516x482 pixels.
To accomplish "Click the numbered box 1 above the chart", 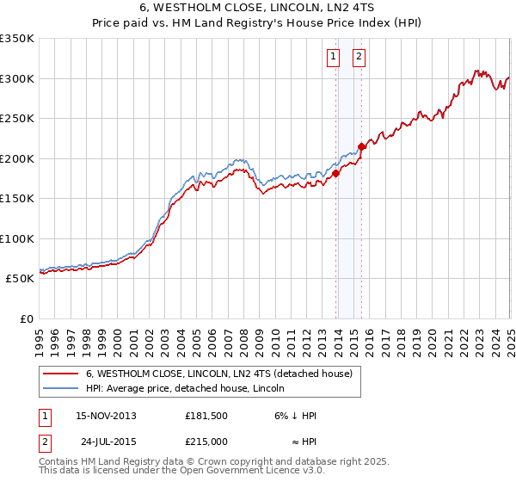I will click(333, 58).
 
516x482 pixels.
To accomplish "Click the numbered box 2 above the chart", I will click(359, 58).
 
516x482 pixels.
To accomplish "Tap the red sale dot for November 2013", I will click(336, 173).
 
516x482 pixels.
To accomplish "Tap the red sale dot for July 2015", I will click(362, 146).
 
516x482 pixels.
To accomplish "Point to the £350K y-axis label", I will click(17, 39).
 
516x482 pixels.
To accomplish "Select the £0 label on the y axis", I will click(26, 318).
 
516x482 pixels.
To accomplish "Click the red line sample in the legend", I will click(60, 374).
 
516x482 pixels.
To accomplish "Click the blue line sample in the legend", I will click(60, 389).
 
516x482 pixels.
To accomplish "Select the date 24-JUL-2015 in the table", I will click(110, 442).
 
